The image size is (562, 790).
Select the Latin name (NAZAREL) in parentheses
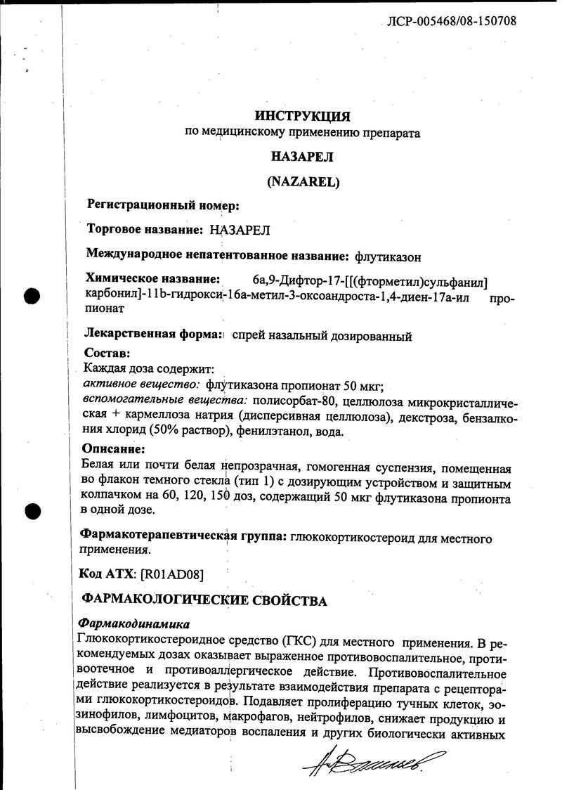(x=303, y=181)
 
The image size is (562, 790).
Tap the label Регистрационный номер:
(x=163, y=205)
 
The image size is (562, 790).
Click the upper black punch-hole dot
(x=32, y=297)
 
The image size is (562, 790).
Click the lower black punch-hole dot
(x=32, y=512)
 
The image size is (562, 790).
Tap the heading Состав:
(x=107, y=353)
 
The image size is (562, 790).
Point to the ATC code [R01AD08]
(x=172, y=574)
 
